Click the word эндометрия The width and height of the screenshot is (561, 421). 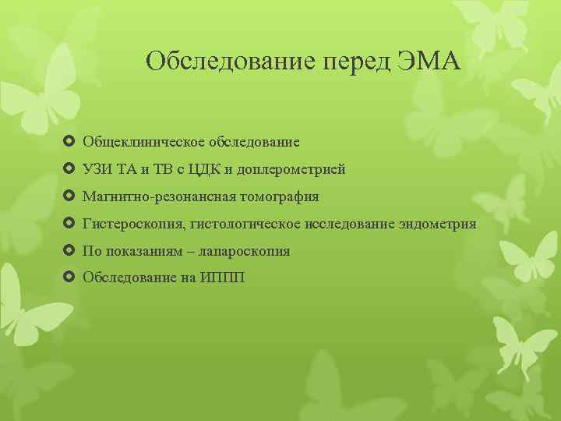click(x=437, y=225)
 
